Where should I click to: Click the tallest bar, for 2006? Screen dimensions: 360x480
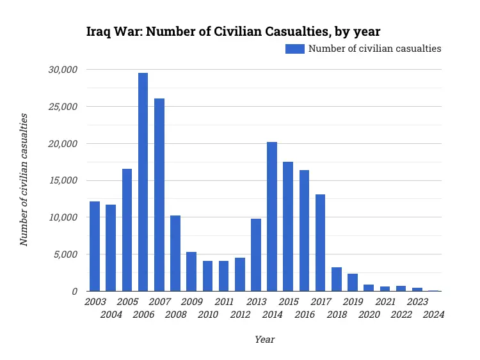click(x=143, y=182)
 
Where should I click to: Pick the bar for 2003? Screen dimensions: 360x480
click(x=95, y=246)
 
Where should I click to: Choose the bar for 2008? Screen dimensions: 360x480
click(x=175, y=253)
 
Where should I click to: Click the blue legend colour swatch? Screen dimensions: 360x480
click(x=294, y=49)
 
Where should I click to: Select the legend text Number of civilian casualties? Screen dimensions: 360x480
click(x=374, y=49)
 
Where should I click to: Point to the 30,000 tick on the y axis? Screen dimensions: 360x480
click(x=63, y=69)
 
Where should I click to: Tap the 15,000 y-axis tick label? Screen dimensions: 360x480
click(x=63, y=180)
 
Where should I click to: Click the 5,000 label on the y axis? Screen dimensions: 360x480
click(x=66, y=254)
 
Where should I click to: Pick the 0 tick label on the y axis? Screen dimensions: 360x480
click(x=74, y=291)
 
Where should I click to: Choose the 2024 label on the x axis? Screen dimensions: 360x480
click(x=433, y=315)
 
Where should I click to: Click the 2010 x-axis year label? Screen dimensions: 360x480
click(x=207, y=315)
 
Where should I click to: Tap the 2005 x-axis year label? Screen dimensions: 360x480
click(x=127, y=302)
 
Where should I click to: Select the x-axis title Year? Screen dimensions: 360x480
click(x=264, y=340)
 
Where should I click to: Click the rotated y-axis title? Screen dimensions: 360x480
click(x=24, y=180)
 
